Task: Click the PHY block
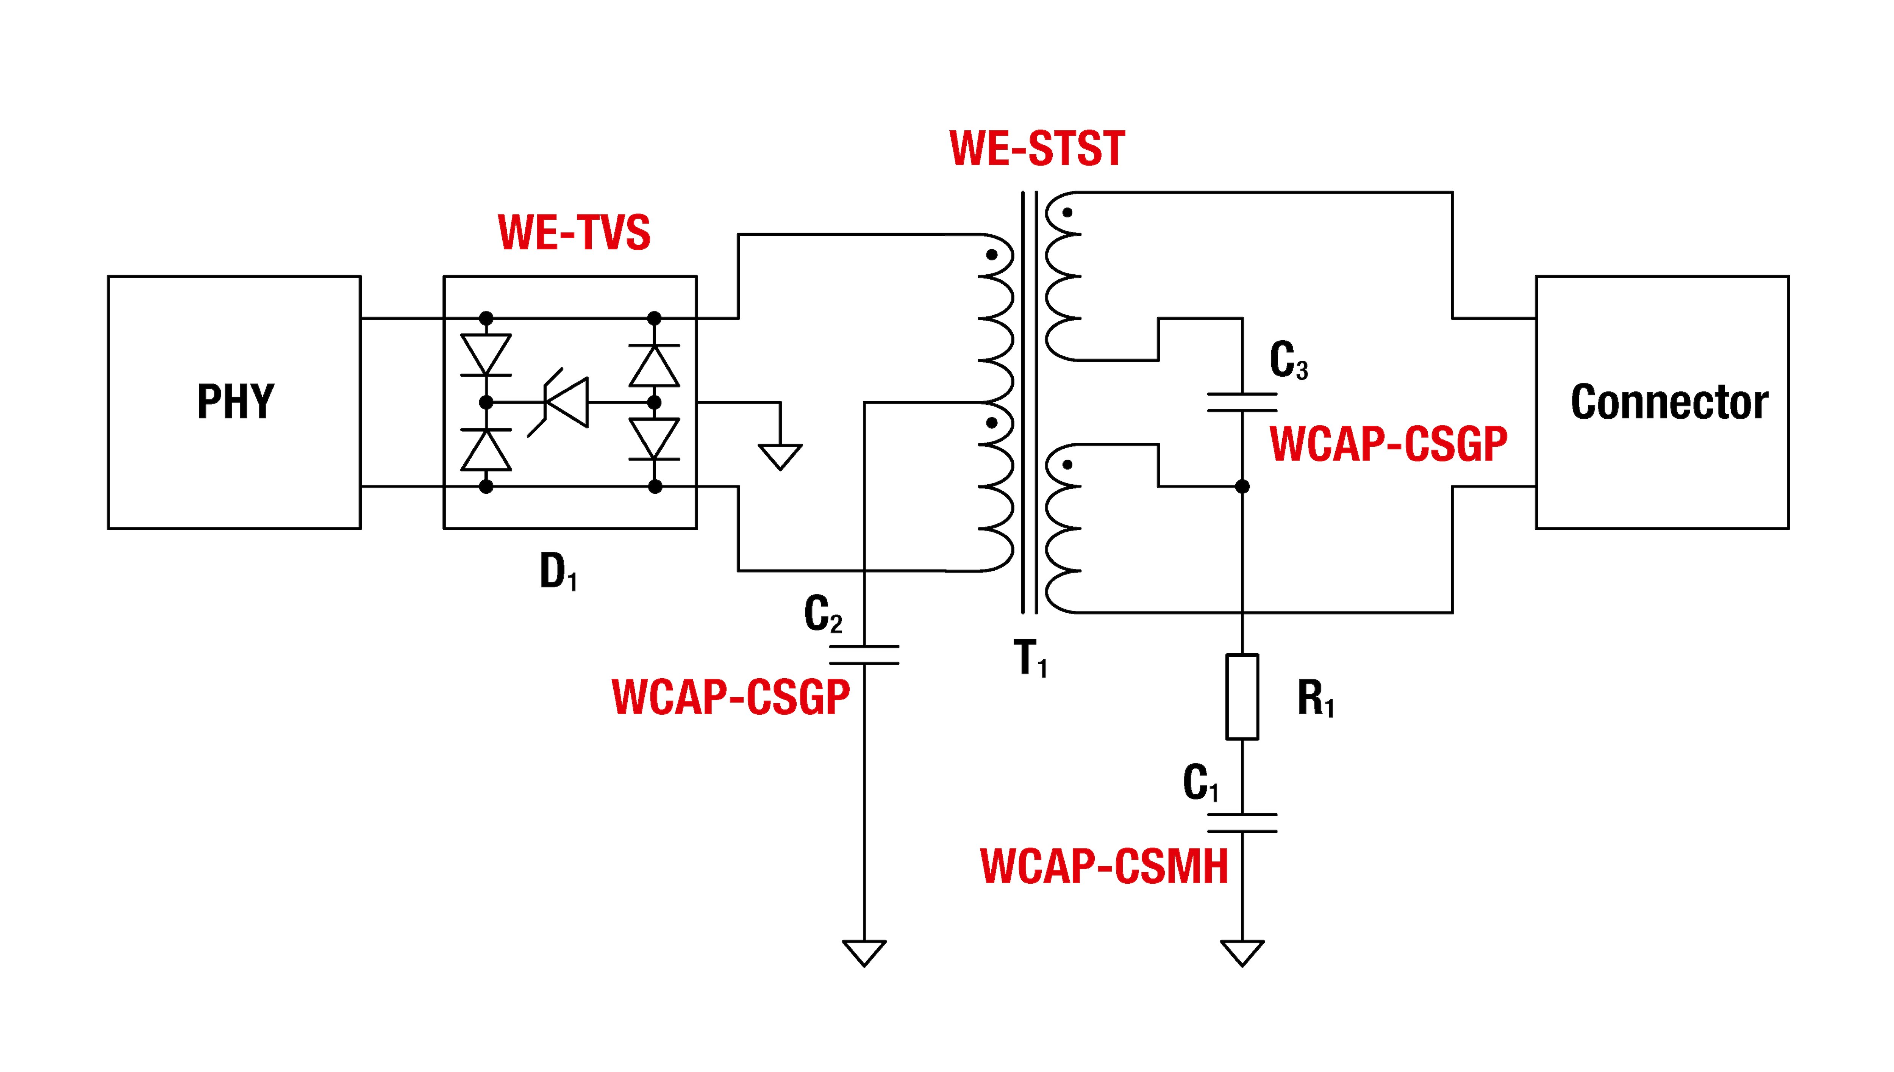(234, 402)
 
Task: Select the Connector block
(1661, 402)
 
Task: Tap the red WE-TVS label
(574, 233)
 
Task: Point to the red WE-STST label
(1037, 149)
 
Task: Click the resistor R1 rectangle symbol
(1242, 696)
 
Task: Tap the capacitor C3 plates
(1242, 402)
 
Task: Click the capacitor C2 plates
(864, 654)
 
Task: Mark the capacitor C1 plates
(1242, 822)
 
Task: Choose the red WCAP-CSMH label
(1104, 867)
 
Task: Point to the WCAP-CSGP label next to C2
(731, 696)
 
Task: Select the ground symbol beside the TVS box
(780, 456)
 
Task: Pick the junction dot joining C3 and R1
(1242, 486)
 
